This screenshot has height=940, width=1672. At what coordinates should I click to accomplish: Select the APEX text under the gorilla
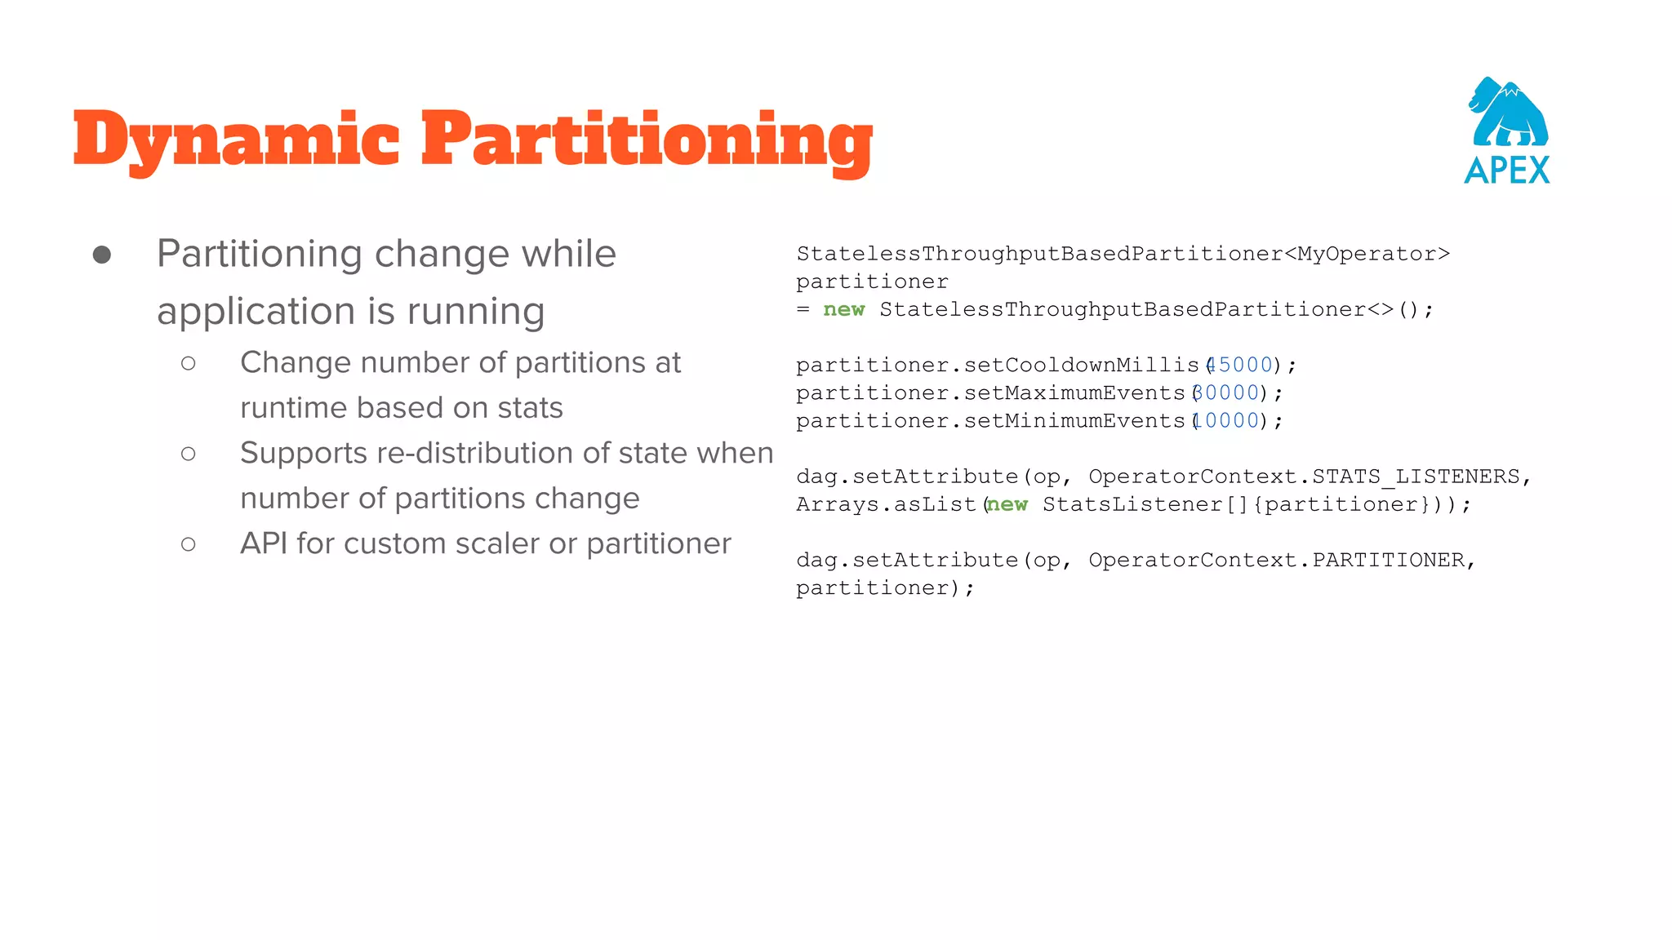tap(1507, 171)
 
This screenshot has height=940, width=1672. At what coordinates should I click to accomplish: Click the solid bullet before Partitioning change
tap(102, 255)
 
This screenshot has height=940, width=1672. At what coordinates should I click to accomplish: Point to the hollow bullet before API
tap(189, 544)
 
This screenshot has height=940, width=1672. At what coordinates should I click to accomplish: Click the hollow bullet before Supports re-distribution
tap(189, 454)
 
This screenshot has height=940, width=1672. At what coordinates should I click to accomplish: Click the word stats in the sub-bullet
tap(530, 407)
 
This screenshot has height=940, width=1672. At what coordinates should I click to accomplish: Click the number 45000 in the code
tap(1241, 365)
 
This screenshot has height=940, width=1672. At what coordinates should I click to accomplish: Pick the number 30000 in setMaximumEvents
tap(1227, 392)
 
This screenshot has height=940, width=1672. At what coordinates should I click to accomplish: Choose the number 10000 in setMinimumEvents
tap(1227, 420)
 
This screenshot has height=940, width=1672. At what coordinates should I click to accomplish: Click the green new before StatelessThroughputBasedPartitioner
tap(844, 309)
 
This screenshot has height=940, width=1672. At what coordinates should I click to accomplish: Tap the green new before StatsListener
tap(1008, 504)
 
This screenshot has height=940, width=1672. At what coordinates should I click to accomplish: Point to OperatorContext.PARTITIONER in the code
tap(1277, 560)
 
